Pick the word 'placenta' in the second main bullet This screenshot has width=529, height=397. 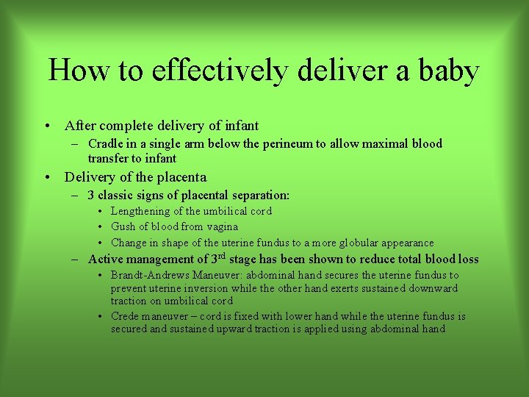pyautogui.click(x=181, y=177)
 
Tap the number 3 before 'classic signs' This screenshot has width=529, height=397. pyautogui.click(x=91, y=196)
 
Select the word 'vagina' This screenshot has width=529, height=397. pyautogui.click(x=222, y=226)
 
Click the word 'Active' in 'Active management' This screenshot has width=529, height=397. pyautogui.click(x=106, y=259)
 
